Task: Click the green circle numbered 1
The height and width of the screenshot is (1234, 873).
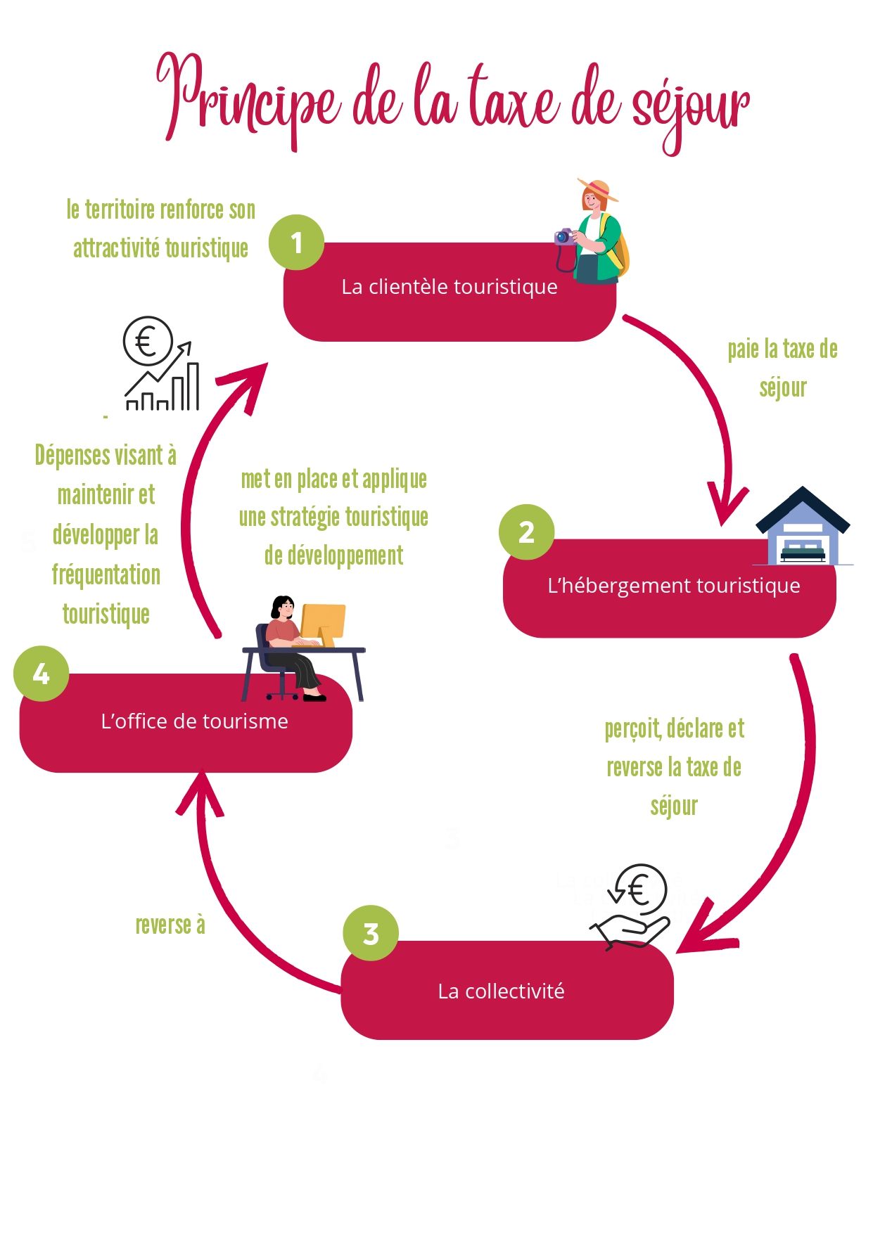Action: [x=296, y=243]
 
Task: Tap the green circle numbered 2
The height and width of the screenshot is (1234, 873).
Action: [x=526, y=532]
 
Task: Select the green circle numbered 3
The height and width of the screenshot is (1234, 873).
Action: [x=371, y=934]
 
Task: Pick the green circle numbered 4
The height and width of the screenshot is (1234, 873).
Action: [x=41, y=674]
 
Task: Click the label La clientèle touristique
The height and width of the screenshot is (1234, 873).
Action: [x=450, y=287]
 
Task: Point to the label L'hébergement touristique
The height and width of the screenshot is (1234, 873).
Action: [x=673, y=586]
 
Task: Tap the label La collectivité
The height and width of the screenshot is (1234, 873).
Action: [x=501, y=991]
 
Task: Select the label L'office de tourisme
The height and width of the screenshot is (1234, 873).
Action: [x=194, y=721]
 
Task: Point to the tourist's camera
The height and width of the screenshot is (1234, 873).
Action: [x=564, y=236]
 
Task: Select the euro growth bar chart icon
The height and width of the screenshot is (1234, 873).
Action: [x=160, y=364]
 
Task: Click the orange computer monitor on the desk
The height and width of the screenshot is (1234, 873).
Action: [x=324, y=621]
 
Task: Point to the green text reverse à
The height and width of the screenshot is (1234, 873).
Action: [x=170, y=925]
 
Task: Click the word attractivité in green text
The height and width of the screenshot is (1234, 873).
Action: [x=116, y=248]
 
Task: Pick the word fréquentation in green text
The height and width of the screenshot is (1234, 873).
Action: [x=106, y=574]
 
